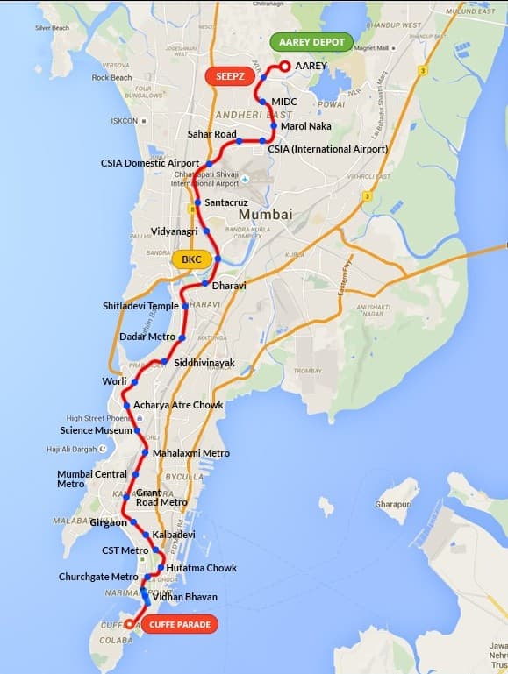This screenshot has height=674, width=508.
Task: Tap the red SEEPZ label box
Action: pos(230,76)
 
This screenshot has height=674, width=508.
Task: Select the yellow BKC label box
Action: pos(190,259)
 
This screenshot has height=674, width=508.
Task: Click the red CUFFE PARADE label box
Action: pos(179,624)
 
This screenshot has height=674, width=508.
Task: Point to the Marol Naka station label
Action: pos(305,127)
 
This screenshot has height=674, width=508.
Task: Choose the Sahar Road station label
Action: pos(212,134)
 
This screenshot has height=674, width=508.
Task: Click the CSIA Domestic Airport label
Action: pos(150,163)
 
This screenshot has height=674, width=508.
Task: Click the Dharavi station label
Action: pos(232,286)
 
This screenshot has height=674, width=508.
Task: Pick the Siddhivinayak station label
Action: pos(204,362)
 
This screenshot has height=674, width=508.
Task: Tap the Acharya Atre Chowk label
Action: pos(179,406)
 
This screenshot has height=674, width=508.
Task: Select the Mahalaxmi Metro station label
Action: pos(191,453)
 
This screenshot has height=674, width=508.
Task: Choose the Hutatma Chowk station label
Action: pos(201,568)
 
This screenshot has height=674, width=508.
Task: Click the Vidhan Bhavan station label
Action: pos(184,597)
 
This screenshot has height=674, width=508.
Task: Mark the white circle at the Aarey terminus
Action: pos(284,66)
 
